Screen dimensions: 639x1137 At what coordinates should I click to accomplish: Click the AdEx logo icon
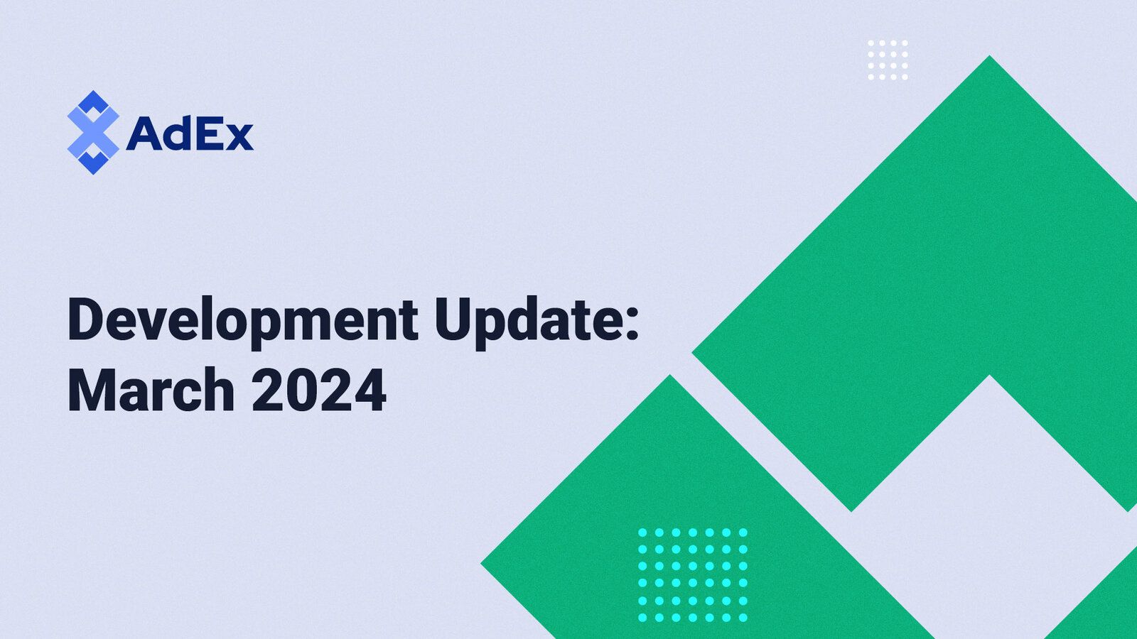pos(92,132)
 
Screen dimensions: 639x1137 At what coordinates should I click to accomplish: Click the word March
pos(151,390)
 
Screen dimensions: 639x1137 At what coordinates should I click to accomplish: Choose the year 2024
pos(319,390)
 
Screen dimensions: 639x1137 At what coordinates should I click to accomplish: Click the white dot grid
pos(888,60)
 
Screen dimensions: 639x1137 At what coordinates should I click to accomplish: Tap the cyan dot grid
pos(692,574)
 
